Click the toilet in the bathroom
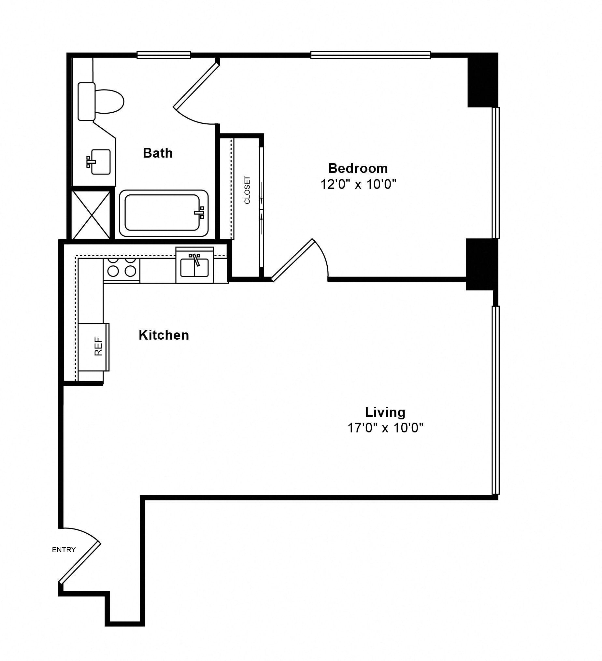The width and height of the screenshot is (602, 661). (x=101, y=101)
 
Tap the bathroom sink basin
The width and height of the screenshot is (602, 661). (x=100, y=162)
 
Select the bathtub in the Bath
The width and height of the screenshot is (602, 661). (x=164, y=213)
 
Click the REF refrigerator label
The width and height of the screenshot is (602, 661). (x=98, y=346)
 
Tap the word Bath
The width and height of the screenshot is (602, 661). (x=158, y=153)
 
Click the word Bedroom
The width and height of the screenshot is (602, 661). (x=358, y=168)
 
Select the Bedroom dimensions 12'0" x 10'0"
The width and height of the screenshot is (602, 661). (x=358, y=184)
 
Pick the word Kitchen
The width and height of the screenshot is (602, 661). (x=164, y=335)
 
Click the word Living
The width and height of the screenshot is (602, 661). (x=385, y=412)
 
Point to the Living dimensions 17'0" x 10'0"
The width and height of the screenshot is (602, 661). (x=385, y=428)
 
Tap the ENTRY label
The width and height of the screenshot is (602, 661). (x=64, y=550)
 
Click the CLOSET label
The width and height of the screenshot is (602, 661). (x=247, y=190)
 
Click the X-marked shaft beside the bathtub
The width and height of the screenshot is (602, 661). (x=91, y=215)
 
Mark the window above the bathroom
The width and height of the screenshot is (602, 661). (x=164, y=55)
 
